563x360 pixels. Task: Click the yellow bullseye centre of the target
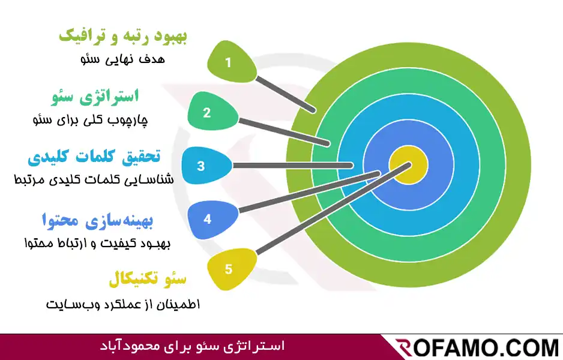tap(408, 166)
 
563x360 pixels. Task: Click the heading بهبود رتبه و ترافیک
tap(124, 36)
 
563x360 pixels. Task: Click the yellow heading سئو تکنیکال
tap(148, 279)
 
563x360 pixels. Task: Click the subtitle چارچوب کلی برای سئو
tap(90, 119)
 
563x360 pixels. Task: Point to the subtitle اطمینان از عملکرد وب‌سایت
tap(123, 304)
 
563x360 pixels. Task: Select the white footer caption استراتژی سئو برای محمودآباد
tap(192, 346)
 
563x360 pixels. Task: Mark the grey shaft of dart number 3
tap(291, 165)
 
